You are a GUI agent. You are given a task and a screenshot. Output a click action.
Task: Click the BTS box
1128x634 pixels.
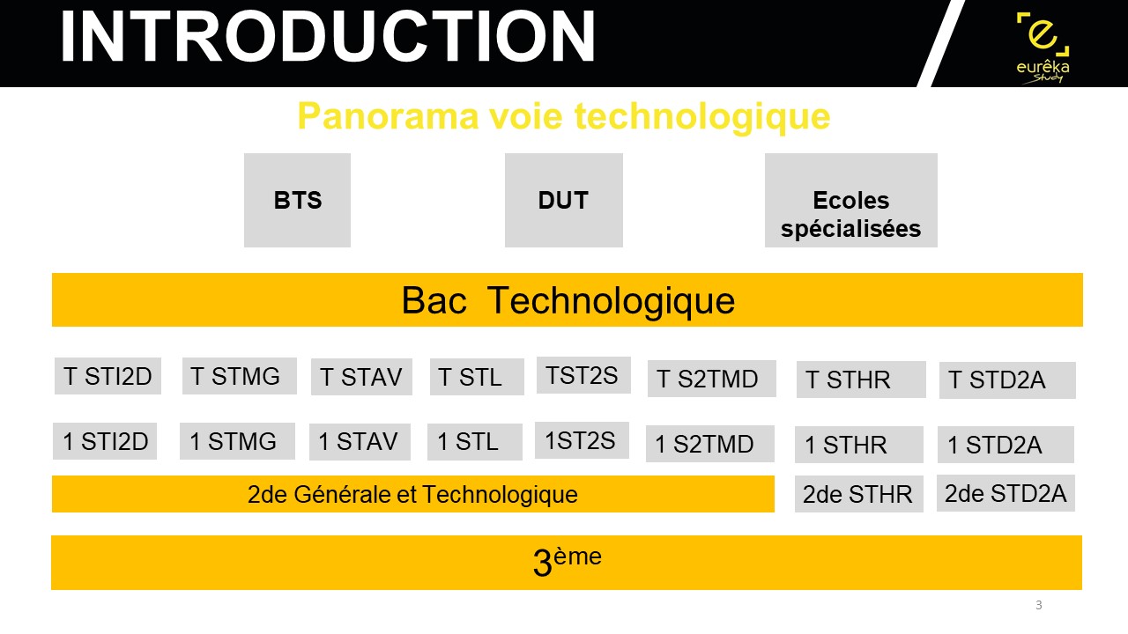tap(297, 200)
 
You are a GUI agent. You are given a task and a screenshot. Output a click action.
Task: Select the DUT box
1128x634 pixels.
tap(563, 200)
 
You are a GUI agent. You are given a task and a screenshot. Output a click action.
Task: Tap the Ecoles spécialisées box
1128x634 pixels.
tap(851, 200)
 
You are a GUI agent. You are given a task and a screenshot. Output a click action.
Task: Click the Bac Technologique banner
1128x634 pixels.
tap(568, 300)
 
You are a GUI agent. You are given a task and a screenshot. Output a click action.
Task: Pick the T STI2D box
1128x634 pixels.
tap(108, 376)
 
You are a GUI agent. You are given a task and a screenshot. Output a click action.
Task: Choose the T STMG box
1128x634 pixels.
tap(239, 376)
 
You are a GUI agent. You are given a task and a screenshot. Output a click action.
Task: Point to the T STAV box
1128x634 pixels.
tap(361, 377)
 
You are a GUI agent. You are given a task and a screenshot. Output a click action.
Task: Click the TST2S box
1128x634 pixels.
tap(583, 375)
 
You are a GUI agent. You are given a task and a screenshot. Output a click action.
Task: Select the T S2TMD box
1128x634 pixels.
tap(711, 379)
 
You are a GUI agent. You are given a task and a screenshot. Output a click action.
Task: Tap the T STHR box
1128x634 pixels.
tap(861, 380)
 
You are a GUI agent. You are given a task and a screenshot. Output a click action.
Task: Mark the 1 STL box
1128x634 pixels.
tap(475, 442)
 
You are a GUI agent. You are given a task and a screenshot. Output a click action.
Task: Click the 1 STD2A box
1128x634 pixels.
tap(1006, 445)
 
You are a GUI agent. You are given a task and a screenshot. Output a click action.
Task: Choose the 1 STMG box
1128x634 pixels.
tap(237, 441)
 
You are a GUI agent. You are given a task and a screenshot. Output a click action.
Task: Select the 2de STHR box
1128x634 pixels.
tap(859, 494)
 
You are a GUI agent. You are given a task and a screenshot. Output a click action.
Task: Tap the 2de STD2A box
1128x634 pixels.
tap(1006, 493)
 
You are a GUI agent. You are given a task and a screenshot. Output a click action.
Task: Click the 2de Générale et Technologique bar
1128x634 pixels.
tap(413, 494)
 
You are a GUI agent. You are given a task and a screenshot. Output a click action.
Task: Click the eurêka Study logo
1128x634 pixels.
tap(1043, 48)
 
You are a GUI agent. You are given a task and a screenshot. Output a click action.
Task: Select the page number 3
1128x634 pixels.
tap(1038, 605)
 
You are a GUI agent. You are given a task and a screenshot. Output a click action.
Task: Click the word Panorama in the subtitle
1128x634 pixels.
tap(387, 116)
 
